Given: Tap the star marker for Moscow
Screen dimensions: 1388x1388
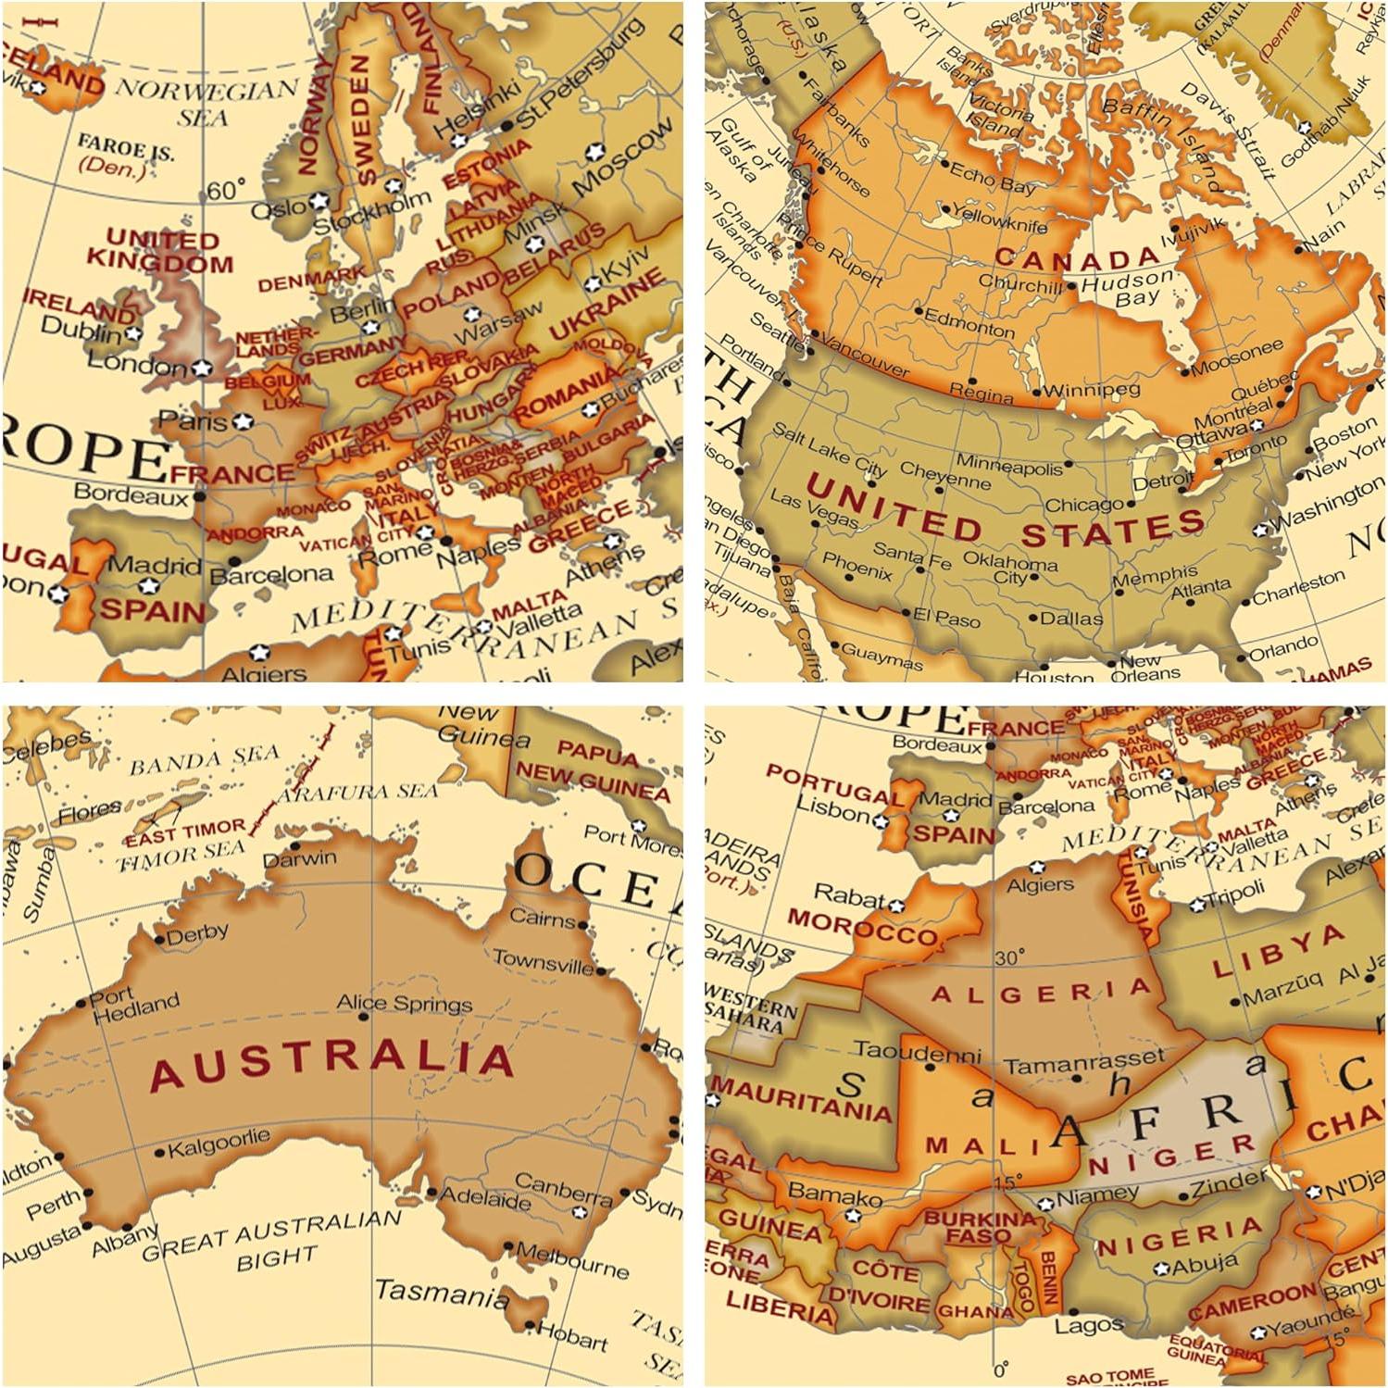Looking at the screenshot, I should pos(594,150).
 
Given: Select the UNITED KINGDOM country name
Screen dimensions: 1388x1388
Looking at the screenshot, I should pos(159,251).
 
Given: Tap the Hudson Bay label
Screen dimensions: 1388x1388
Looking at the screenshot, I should pos(1126,288).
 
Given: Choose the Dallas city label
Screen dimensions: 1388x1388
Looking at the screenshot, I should pos(1070,618).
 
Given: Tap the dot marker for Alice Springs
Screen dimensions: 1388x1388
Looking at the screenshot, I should pos(364,1017).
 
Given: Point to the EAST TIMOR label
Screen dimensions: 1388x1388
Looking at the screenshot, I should pos(185,832).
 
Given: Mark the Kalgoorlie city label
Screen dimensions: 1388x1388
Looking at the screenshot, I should pos(219,1143).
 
